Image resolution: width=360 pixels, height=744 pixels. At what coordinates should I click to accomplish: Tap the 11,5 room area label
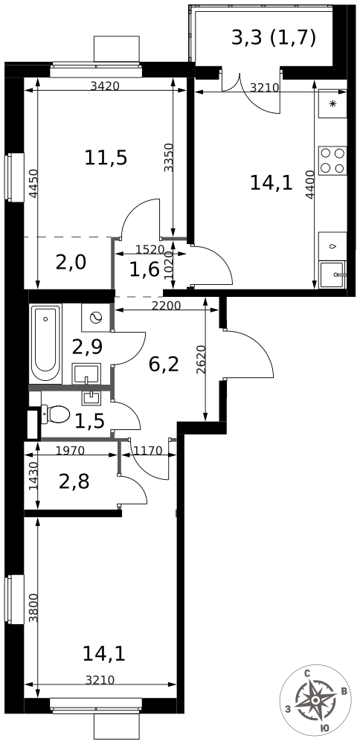click(x=106, y=158)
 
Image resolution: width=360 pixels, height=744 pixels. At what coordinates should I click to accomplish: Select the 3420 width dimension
click(x=104, y=86)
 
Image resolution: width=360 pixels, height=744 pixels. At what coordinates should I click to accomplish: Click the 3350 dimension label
click(x=170, y=158)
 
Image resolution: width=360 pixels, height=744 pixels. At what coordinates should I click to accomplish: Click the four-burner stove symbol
click(x=332, y=159)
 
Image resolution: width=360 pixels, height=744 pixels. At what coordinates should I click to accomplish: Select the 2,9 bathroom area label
click(x=87, y=345)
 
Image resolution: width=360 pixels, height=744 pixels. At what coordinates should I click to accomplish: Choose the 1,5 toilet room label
click(x=89, y=422)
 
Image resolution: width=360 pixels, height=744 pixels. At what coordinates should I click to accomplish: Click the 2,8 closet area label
click(x=74, y=481)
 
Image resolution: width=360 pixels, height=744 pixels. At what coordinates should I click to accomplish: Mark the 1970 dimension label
click(x=71, y=450)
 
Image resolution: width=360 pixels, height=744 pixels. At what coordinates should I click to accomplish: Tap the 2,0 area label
click(x=71, y=262)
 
